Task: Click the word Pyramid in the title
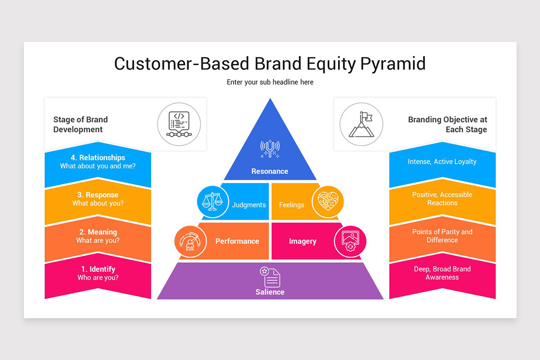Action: tap(393, 64)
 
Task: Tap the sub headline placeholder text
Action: tap(270, 82)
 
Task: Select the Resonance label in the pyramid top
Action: tap(270, 171)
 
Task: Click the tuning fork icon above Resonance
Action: tap(270, 148)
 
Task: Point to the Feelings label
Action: tap(292, 205)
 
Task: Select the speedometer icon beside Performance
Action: tap(190, 242)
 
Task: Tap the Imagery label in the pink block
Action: tap(302, 241)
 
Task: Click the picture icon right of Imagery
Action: tap(350, 242)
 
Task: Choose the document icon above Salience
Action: tap(270, 276)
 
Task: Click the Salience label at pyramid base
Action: tap(270, 292)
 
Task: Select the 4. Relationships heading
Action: tap(98, 157)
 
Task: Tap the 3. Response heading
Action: tap(98, 195)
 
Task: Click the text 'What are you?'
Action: tap(98, 240)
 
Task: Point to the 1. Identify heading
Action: tap(98, 269)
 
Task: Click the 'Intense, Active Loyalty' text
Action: tap(442, 162)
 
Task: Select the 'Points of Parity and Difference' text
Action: tap(442, 236)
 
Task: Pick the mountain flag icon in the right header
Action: tap(361, 124)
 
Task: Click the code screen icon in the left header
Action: tap(179, 124)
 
